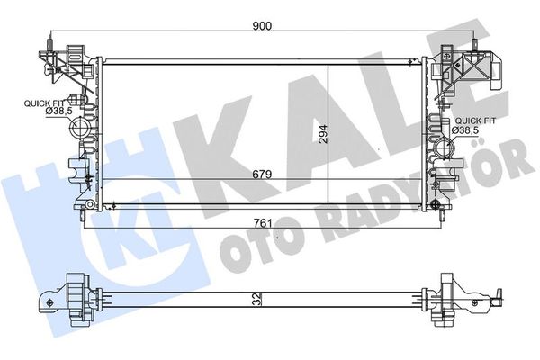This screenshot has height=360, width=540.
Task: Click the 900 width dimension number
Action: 262,26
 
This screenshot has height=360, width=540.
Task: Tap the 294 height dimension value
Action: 323,134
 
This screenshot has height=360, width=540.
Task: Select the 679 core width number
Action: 262,175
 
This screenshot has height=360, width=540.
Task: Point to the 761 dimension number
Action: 263,223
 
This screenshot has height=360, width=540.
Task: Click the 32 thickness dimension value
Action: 257,299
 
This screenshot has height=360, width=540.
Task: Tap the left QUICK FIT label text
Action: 44,103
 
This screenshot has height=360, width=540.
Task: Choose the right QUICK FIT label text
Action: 475,121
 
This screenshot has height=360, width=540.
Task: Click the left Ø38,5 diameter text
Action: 58,112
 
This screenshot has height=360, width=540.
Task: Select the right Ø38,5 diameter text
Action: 465,130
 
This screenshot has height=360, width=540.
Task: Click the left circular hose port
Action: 79,127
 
